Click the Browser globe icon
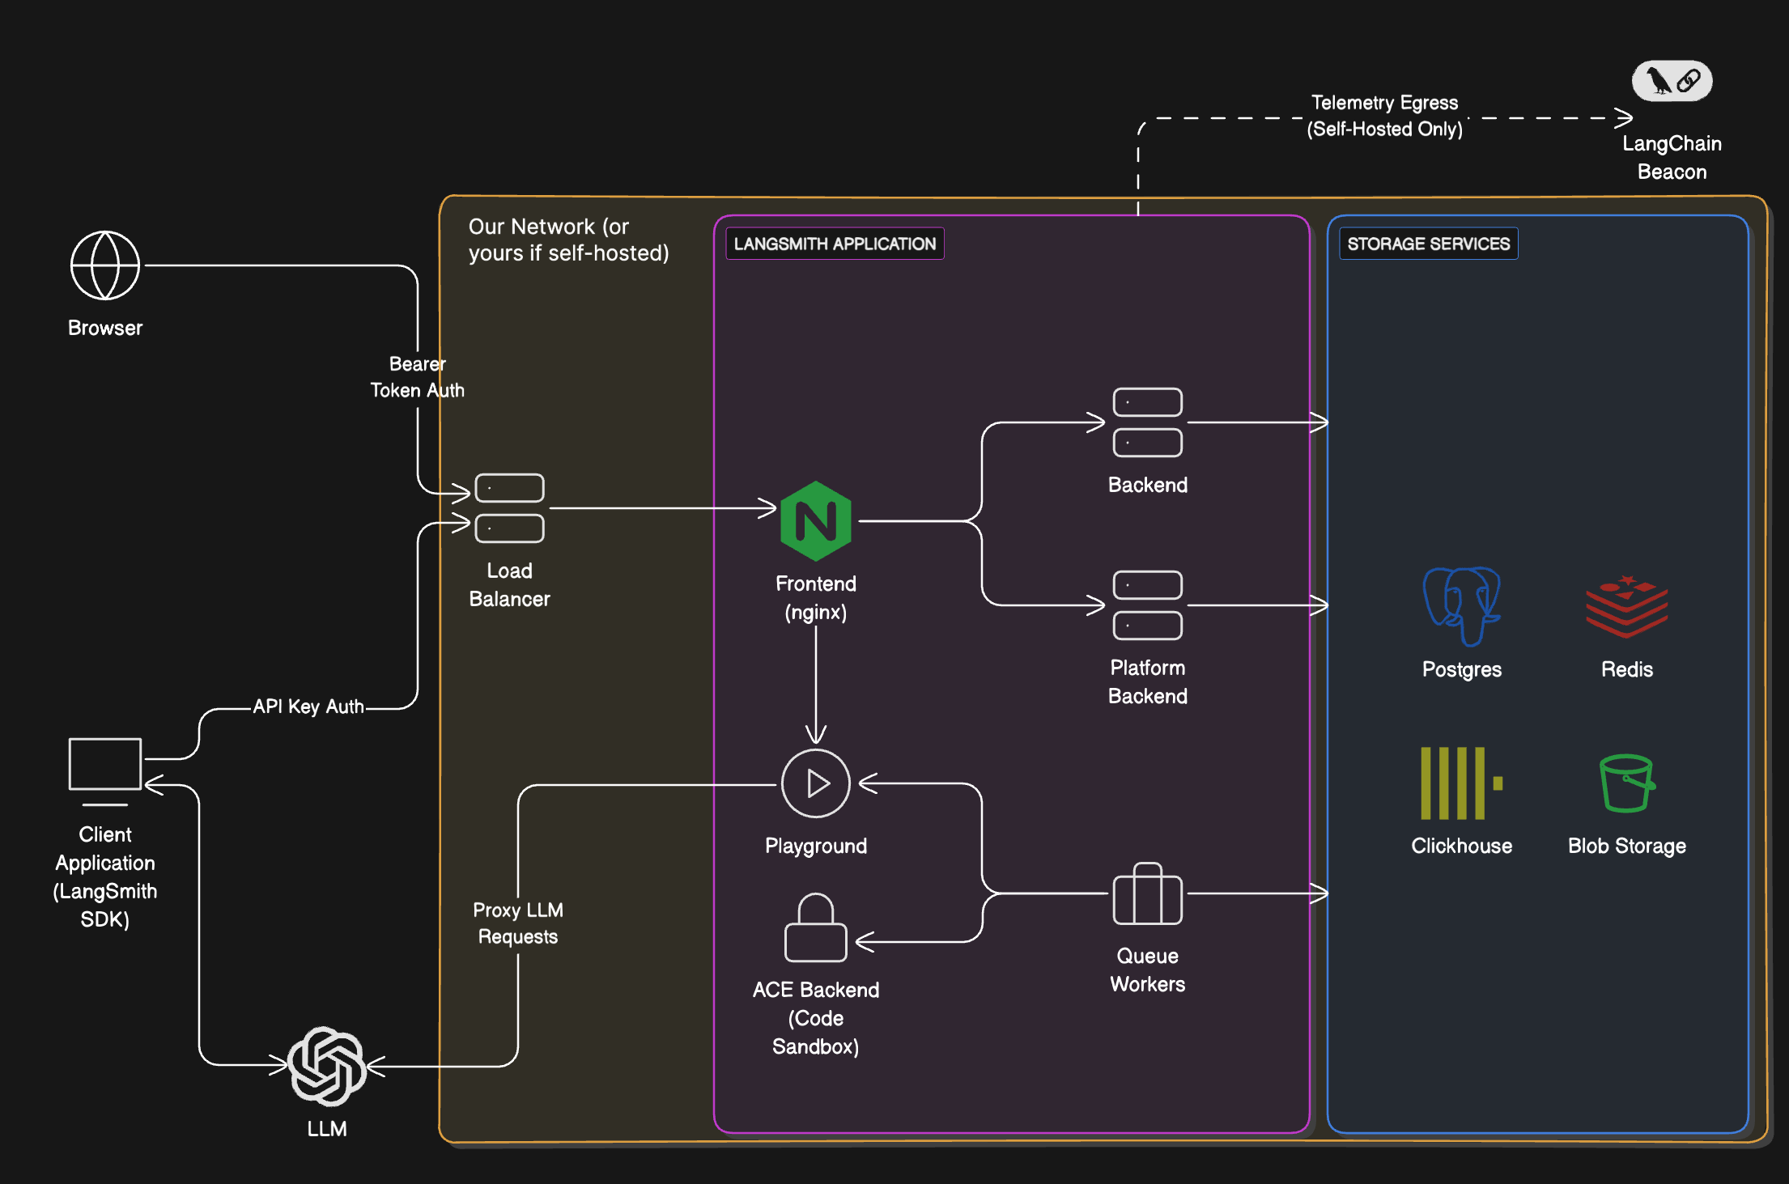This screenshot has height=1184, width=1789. click(x=105, y=265)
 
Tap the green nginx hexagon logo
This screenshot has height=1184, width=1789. click(x=816, y=521)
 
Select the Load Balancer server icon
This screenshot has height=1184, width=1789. click(x=509, y=508)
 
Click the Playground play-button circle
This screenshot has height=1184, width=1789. click(x=816, y=783)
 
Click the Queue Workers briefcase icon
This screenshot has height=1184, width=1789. click(x=1147, y=894)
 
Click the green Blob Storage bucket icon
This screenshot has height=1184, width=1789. click(x=1626, y=783)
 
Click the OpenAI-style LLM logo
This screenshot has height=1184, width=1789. click(x=327, y=1066)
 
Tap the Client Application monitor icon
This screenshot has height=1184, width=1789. click(x=105, y=765)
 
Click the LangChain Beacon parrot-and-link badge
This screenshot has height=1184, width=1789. click(x=1672, y=81)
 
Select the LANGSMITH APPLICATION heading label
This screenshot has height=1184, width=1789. click(x=835, y=244)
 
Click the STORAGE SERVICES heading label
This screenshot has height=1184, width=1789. click(x=1428, y=244)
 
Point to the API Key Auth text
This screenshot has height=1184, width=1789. click(x=308, y=707)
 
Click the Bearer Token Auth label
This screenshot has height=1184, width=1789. click(x=417, y=377)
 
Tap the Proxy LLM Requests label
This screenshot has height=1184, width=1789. click(x=518, y=923)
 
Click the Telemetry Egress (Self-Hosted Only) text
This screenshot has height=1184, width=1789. click(x=1384, y=116)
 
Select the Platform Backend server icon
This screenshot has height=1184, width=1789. click(x=1147, y=605)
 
